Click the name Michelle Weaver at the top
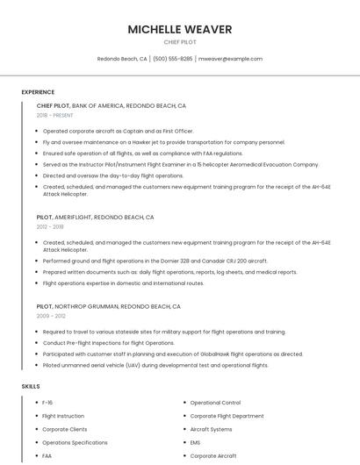pos(180,29)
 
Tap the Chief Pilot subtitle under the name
pos(180,42)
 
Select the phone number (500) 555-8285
pos(172,59)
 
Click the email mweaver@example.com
pos(230,59)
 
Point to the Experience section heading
pos(38,92)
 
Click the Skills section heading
pos(31,386)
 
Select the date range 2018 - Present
pos(55,115)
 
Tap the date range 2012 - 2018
pos(50,226)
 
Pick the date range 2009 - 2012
pos(50,316)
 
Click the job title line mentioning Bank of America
pos(112,105)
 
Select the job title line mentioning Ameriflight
pos(96,217)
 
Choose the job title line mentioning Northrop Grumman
pos(109,307)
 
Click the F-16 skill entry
pos(48,402)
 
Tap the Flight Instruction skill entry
pos(63,416)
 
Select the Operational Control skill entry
pos(215,402)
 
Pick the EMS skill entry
pos(197,443)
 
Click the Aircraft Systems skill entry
pos(211,429)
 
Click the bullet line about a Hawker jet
pos(163,141)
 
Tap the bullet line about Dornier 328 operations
pos(155,261)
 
